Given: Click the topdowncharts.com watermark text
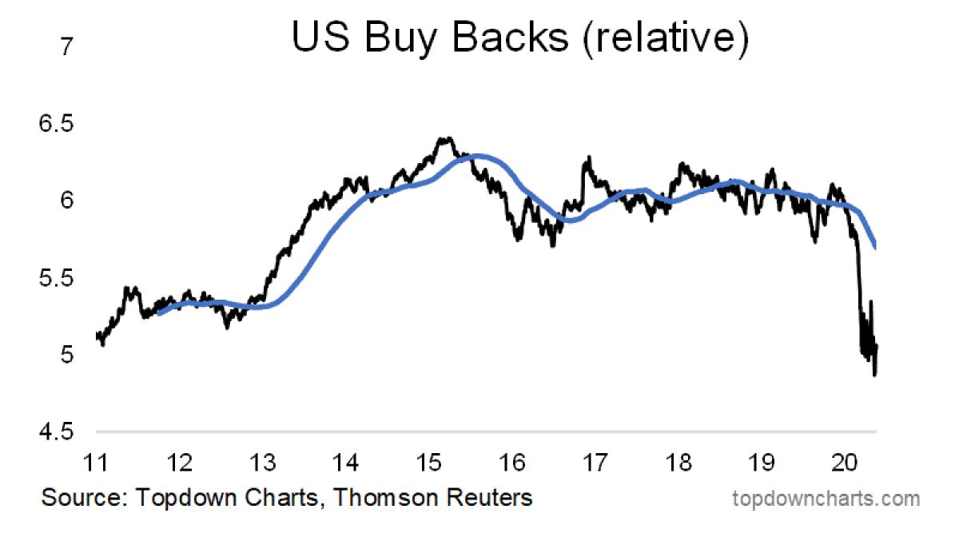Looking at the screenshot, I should pos(826,499).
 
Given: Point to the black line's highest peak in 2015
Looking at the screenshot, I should pos(444,138).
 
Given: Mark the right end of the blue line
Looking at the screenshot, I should pos(877,248).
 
